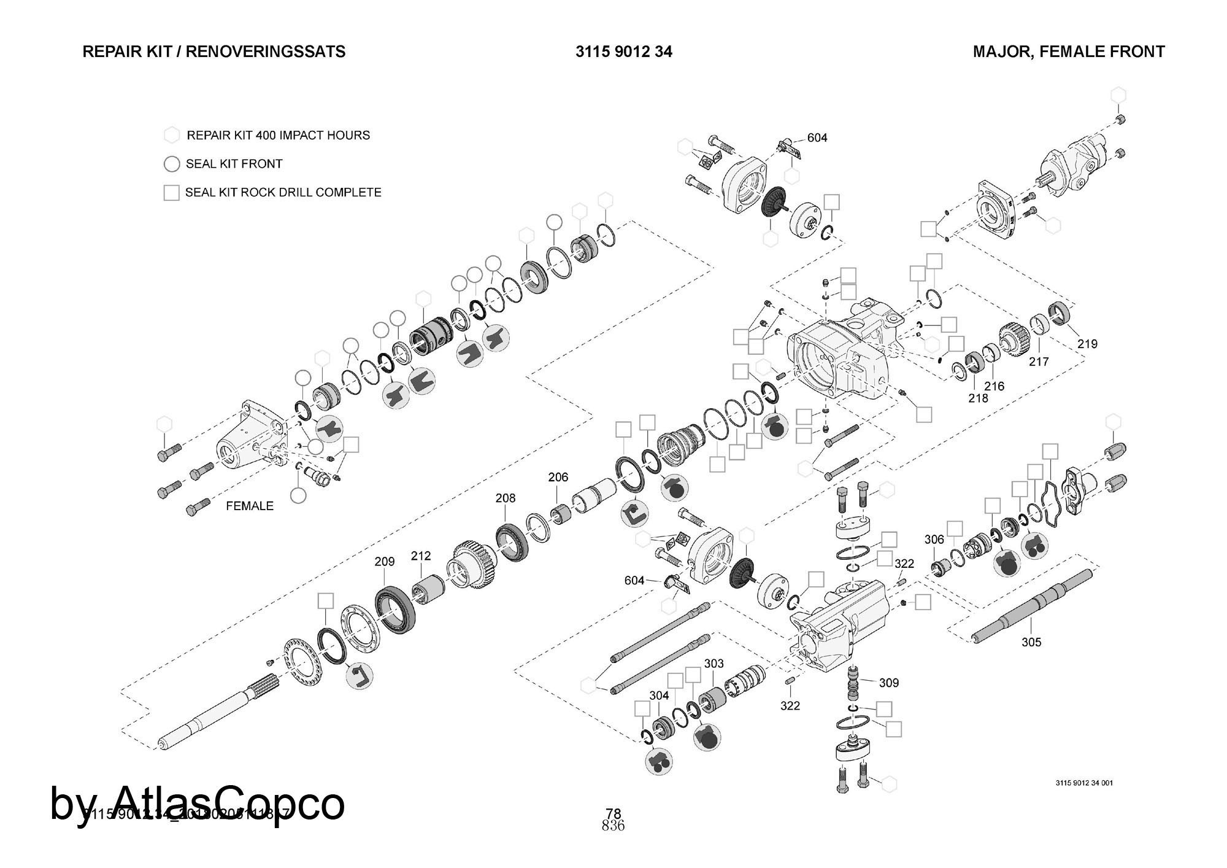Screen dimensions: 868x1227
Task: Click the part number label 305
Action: [1031, 642]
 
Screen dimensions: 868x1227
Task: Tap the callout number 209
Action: [385, 561]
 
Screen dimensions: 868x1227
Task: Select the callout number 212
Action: [421, 556]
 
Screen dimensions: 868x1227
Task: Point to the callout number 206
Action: [558, 477]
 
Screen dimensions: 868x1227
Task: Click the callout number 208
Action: [506, 498]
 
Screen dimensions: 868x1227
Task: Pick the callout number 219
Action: [1087, 344]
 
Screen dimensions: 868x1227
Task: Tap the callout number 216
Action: [994, 386]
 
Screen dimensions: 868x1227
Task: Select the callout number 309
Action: [889, 683]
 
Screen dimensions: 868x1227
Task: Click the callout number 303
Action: [714, 664]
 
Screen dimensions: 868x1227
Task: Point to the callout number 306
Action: [934, 540]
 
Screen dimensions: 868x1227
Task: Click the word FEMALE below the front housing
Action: [250, 506]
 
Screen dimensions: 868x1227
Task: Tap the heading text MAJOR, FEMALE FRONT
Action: [1069, 52]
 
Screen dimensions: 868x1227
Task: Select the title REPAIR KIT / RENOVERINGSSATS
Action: [214, 52]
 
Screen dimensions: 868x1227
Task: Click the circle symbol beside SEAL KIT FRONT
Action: [172, 164]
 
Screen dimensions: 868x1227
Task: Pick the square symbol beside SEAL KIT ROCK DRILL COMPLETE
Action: [172, 193]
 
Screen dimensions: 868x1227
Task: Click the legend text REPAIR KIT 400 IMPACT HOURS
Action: [278, 135]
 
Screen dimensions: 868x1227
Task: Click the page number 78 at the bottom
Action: [613, 815]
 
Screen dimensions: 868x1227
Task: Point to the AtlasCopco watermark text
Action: [198, 803]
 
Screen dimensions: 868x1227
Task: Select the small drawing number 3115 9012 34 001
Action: [1084, 783]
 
